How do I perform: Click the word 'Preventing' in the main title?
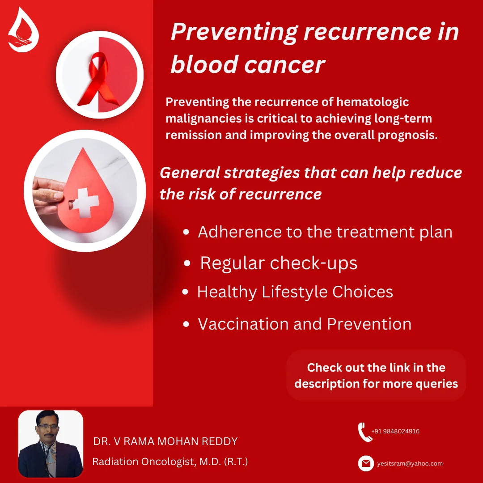click(x=234, y=32)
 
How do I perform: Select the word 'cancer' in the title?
click(x=284, y=65)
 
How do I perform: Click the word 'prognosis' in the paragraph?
click(x=407, y=136)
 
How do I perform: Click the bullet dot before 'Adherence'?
click(x=186, y=232)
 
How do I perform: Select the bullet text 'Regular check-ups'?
click(x=279, y=263)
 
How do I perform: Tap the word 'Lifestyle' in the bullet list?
click(x=294, y=292)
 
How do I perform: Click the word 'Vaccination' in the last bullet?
click(x=243, y=324)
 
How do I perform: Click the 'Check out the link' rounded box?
click(x=376, y=376)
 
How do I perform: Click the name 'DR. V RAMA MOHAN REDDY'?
click(x=165, y=441)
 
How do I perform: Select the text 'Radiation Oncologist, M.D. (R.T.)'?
click(x=170, y=462)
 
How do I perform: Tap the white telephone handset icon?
click(x=365, y=432)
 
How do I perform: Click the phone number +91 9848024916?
click(x=395, y=431)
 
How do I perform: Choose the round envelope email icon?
click(x=366, y=463)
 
